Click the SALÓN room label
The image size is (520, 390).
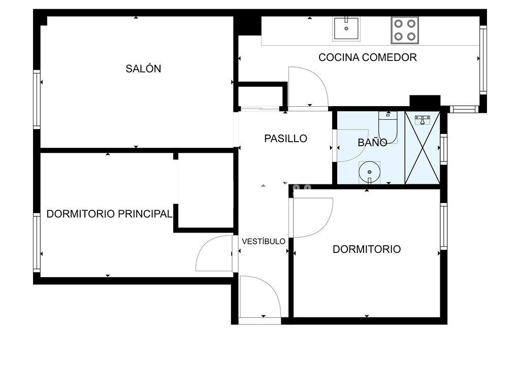click(x=143, y=69)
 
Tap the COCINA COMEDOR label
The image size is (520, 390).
click(x=368, y=57)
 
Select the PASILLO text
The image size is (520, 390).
click(x=285, y=138)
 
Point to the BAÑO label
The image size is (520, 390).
click(x=372, y=142)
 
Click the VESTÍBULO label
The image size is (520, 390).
click(x=264, y=241)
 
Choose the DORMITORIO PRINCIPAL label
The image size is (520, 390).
click(x=109, y=214)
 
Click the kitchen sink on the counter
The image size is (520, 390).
click(x=346, y=29)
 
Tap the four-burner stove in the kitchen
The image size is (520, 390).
click(x=405, y=30)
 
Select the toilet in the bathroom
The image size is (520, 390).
click(x=388, y=127)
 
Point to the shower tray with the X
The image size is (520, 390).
click(x=422, y=148)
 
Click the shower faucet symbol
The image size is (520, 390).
click(x=422, y=119)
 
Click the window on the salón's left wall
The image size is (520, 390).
click(x=37, y=100)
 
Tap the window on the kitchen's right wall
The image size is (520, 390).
click(x=483, y=60)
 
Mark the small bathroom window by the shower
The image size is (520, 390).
click(x=443, y=149)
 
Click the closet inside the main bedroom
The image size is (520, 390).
click(x=206, y=190)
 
